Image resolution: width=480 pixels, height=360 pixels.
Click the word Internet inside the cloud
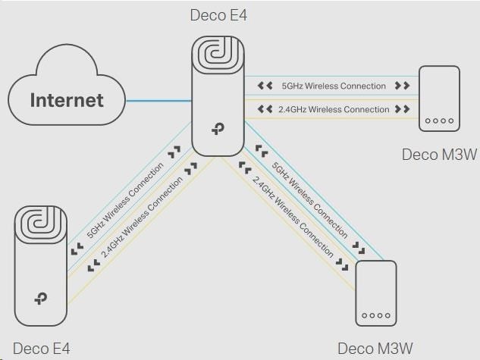pos(67,99)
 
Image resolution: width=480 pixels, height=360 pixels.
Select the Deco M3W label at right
pos(440,155)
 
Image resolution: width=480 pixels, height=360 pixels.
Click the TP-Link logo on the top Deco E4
pos(221,130)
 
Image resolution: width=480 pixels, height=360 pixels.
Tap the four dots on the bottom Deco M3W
pos(376,315)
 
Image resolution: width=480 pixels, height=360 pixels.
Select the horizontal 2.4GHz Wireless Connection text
pos(334,109)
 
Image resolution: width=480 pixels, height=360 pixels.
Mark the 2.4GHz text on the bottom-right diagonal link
pos(292,214)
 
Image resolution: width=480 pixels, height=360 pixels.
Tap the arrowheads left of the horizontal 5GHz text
pos(265,86)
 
